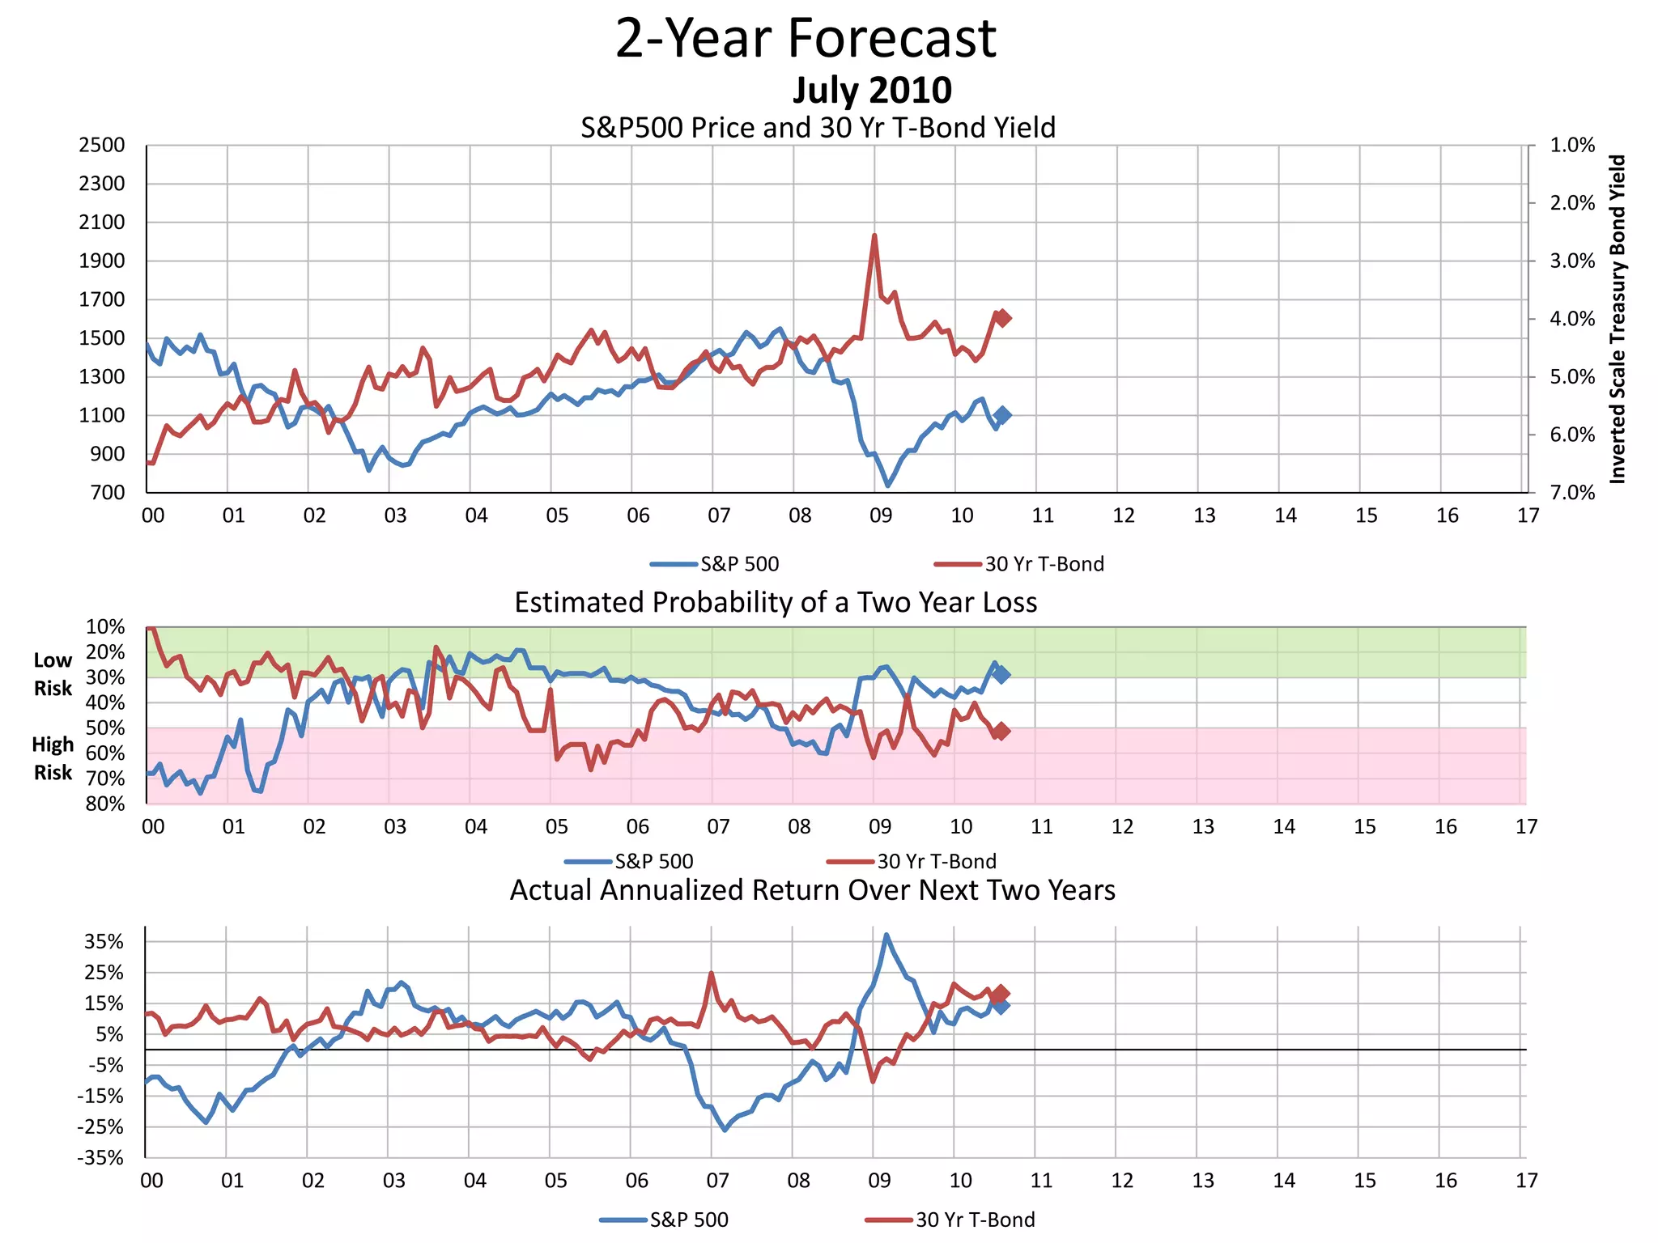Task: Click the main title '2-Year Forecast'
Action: [x=806, y=39]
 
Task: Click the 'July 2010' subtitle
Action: [x=872, y=90]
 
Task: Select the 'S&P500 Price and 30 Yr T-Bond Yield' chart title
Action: [x=818, y=128]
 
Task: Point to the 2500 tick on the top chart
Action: [x=102, y=146]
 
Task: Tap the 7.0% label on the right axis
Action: [x=1572, y=493]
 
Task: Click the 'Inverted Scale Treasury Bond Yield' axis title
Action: [x=1617, y=319]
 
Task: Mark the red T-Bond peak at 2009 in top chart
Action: [x=874, y=236]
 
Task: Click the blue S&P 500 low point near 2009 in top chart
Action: [x=888, y=485]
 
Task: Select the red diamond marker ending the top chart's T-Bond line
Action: [x=1002, y=318]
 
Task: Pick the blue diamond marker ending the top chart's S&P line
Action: [x=1002, y=415]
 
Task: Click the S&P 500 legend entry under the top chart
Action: [x=715, y=564]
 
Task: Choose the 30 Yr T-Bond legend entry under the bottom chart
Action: [x=950, y=1220]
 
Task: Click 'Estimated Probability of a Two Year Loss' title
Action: [x=776, y=603]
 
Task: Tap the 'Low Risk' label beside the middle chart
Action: [x=53, y=674]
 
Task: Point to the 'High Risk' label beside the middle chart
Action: [x=53, y=758]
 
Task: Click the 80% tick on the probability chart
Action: [x=105, y=804]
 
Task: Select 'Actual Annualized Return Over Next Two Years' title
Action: [x=812, y=890]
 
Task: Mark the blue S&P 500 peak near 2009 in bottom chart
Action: [x=886, y=935]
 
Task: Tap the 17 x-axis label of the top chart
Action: [x=1528, y=516]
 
